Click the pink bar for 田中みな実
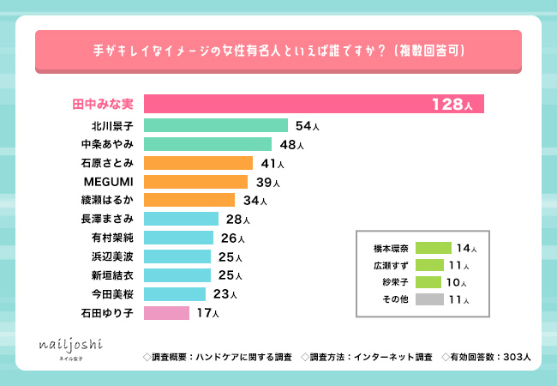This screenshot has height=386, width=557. click(314, 104)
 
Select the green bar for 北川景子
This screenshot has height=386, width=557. click(216, 125)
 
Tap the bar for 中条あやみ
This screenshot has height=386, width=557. click(207, 144)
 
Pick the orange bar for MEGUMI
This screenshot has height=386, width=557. click(195, 182)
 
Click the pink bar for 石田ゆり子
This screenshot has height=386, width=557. click(166, 312)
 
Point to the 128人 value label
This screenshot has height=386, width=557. click(452, 105)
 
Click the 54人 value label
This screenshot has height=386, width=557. click(307, 126)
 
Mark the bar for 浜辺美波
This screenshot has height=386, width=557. click(177, 256)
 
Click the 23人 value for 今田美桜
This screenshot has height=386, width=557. click(225, 294)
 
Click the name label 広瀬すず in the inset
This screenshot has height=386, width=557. click(392, 265)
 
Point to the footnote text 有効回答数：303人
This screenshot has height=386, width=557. click(487, 356)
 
